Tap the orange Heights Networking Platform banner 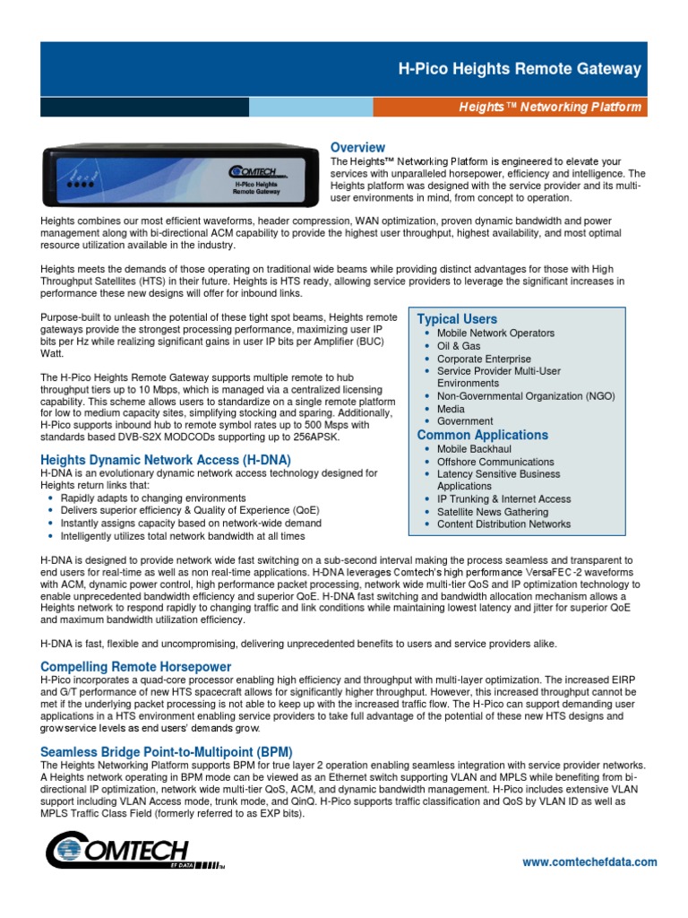[550, 108]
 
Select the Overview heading [357, 147]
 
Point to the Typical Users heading [457, 319]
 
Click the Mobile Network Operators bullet [495, 333]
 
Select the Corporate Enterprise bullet [484, 359]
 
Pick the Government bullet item [465, 421]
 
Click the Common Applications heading [482, 435]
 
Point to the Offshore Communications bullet [495, 462]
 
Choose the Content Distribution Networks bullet [503, 524]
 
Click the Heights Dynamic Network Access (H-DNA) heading [166, 460]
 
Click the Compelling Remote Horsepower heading [136, 667]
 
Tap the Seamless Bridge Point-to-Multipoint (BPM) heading [167, 751]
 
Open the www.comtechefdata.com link [589, 862]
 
